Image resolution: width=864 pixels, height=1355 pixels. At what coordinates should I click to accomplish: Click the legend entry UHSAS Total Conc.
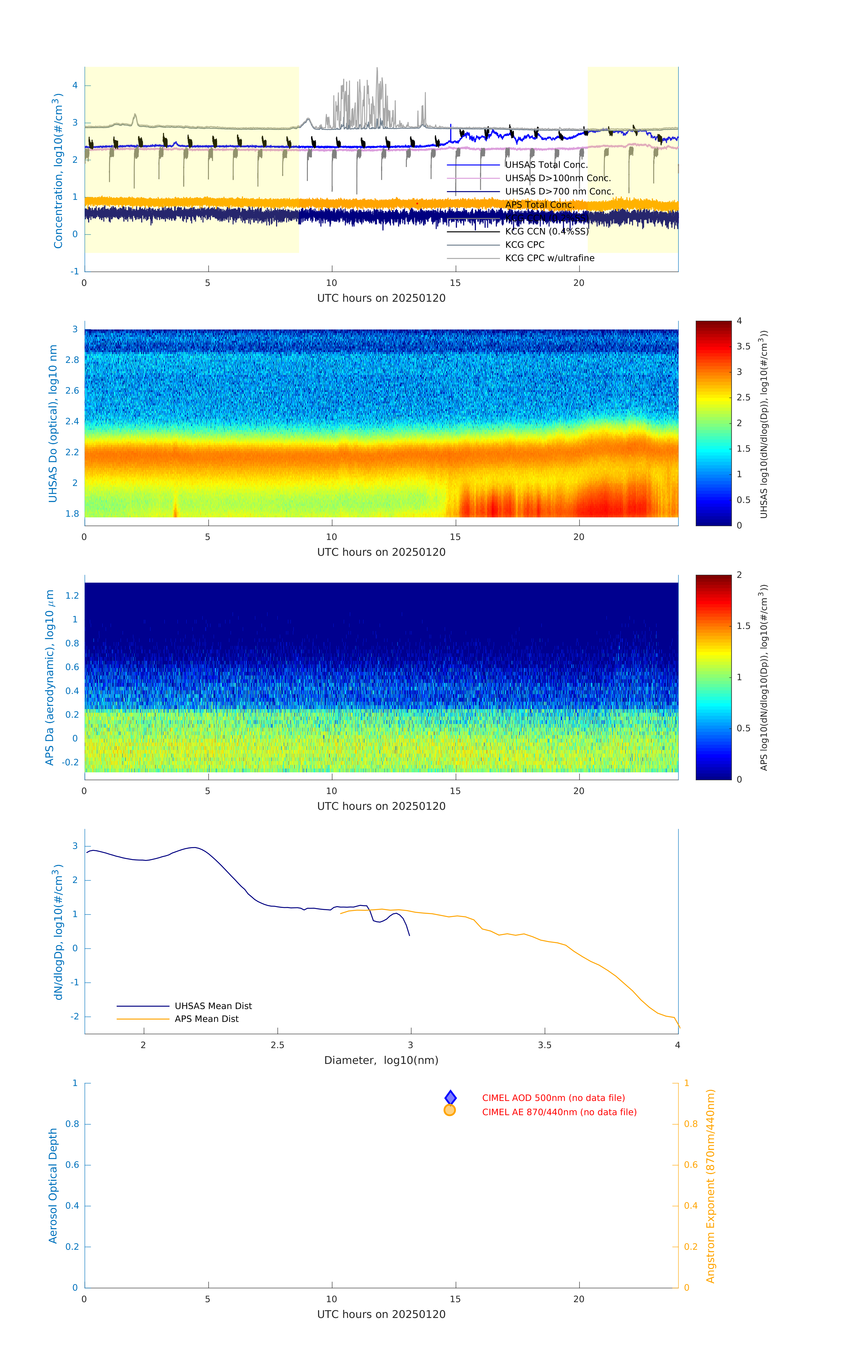(546, 165)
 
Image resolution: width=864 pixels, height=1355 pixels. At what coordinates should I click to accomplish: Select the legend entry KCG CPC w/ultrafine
(549, 258)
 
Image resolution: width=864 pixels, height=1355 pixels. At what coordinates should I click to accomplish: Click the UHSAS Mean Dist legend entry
(213, 1006)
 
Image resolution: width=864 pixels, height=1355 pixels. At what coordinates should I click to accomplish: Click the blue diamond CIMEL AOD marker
(450, 1097)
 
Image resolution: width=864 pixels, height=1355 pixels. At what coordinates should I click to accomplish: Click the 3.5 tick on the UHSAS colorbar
(743, 347)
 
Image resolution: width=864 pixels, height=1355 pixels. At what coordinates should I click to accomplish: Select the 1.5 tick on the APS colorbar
(743, 626)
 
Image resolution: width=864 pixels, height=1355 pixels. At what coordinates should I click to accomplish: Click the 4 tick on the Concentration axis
(75, 86)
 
